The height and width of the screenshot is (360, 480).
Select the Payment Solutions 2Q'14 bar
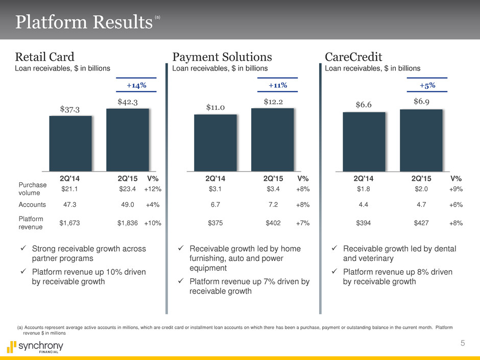[215, 142]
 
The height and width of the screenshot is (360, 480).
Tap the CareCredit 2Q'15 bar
[421, 140]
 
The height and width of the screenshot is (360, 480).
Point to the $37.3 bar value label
[69, 108]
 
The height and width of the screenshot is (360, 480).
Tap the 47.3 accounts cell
[69, 204]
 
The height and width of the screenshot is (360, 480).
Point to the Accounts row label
[32, 204]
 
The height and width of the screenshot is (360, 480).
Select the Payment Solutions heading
[222, 56]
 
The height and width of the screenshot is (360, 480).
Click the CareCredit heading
[354, 56]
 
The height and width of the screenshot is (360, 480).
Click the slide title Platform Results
[84, 22]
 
